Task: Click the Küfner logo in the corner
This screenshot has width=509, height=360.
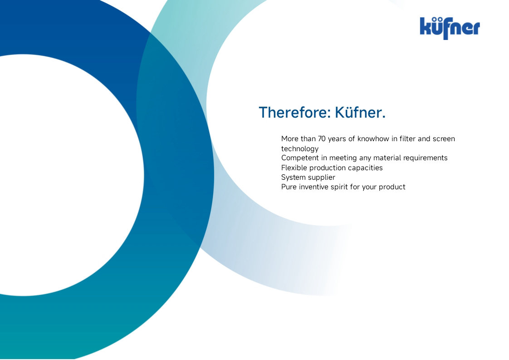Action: click(450, 28)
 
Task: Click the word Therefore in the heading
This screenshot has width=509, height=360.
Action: click(294, 113)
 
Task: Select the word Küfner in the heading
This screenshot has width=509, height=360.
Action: click(360, 113)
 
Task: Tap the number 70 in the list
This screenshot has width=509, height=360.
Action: click(322, 139)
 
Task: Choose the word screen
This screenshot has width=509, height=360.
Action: click(444, 139)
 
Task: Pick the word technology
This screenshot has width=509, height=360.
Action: click(300, 149)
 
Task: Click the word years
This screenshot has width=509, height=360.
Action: click(337, 139)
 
